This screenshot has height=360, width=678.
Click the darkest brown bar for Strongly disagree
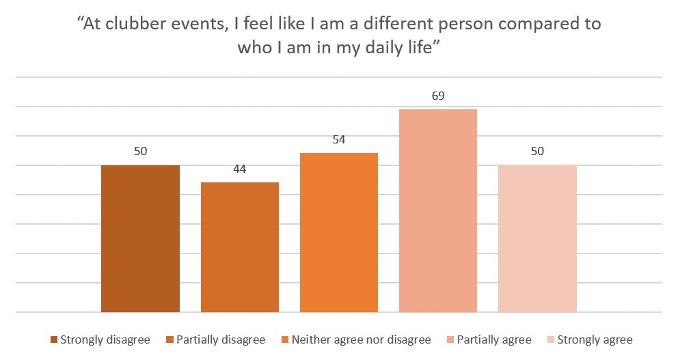(x=140, y=238)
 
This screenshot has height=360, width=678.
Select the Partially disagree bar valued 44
(x=239, y=247)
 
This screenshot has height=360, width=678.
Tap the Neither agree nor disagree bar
(x=339, y=232)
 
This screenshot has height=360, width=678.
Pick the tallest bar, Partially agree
(x=438, y=210)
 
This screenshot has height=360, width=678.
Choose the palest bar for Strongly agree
(x=537, y=238)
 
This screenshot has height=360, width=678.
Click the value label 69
(x=438, y=96)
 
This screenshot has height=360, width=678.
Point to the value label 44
(x=239, y=169)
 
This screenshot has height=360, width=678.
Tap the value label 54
(x=339, y=140)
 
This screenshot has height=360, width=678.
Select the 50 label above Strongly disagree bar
(x=140, y=152)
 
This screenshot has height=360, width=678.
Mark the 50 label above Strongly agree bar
(x=537, y=152)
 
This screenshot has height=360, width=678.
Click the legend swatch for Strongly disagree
(x=54, y=340)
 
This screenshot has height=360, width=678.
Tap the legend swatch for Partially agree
(x=450, y=340)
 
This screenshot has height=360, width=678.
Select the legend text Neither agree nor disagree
(x=361, y=340)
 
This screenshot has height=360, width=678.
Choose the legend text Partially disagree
(x=220, y=340)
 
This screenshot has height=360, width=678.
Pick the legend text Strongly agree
(x=595, y=340)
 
